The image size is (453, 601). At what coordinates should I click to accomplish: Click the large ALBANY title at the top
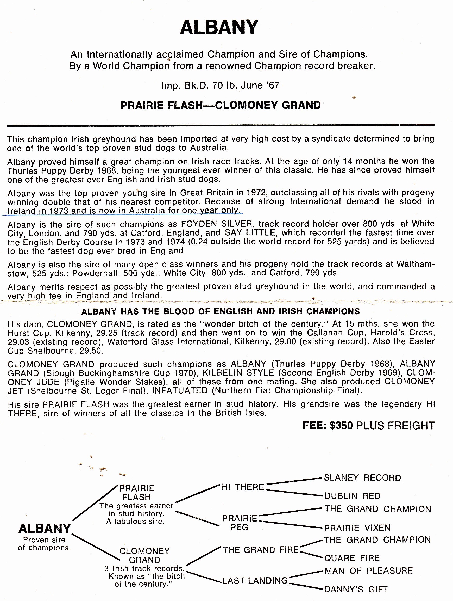(x=219, y=27)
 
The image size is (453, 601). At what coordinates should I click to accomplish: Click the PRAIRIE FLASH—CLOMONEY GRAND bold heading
(x=221, y=105)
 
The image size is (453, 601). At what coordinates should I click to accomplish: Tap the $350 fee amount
(x=341, y=425)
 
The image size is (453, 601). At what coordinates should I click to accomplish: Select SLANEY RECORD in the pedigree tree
(x=362, y=478)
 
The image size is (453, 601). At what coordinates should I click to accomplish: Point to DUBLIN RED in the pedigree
(x=353, y=496)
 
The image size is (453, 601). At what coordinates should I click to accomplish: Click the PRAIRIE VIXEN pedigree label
(x=357, y=528)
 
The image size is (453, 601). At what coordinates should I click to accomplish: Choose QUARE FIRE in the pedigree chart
(x=352, y=558)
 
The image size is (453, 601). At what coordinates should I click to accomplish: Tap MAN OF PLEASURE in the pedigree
(x=369, y=571)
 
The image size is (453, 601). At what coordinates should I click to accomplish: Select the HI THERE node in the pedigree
(x=243, y=487)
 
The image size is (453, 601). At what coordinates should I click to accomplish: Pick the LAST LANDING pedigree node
(x=255, y=581)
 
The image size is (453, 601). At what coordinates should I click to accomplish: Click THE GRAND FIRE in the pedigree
(x=261, y=550)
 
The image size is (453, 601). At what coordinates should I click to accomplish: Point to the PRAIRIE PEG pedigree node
(x=240, y=523)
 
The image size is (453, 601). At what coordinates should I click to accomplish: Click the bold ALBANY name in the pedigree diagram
(x=45, y=529)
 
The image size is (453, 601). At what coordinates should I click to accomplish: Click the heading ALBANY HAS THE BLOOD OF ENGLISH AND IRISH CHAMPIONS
(x=221, y=311)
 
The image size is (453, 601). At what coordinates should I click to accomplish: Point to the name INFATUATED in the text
(x=180, y=391)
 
